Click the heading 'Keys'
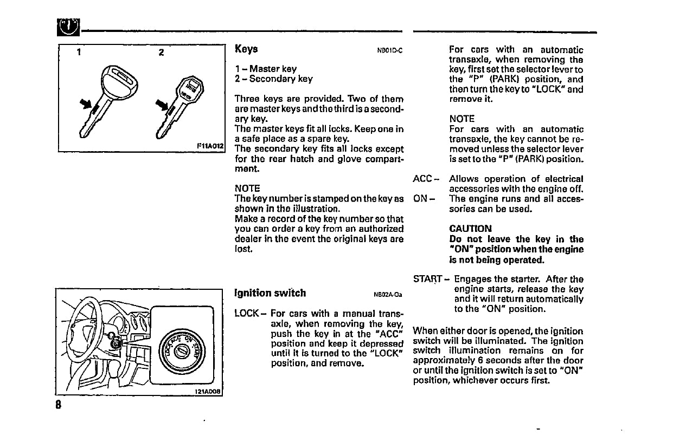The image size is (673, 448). tap(246, 49)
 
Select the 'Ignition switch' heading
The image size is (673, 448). tap(270, 293)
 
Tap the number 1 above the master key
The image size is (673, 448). tap(79, 53)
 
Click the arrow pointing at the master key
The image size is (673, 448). tap(86, 102)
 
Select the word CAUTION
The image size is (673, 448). tap(470, 229)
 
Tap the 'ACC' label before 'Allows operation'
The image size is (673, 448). tap(422, 179)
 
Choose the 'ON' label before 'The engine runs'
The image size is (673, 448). tap(420, 199)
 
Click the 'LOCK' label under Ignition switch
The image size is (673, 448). tap(247, 313)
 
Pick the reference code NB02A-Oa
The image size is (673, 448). tap(387, 295)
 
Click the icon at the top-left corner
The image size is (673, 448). tap(68, 25)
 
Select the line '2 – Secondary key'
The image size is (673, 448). tap(273, 79)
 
